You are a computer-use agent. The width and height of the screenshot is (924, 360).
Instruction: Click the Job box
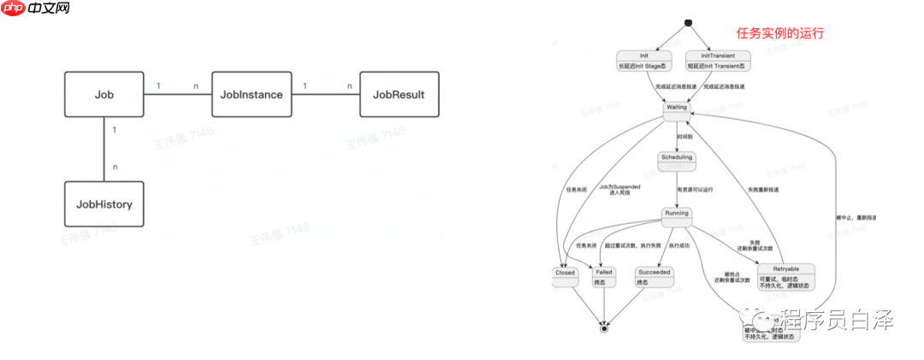pos(104,95)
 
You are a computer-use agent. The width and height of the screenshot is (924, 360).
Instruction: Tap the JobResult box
pos(399,95)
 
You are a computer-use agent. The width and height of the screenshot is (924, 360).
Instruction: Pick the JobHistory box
pos(104,204)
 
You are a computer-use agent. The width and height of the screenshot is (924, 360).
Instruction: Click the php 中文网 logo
pos(37,11)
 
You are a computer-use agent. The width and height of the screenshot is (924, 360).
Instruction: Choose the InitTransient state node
pos(718,60)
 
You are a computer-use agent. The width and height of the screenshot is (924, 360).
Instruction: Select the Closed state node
pos(565,276)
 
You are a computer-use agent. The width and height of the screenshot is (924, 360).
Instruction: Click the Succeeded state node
pos(654,276)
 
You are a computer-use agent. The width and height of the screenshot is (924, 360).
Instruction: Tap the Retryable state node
pos(785,276)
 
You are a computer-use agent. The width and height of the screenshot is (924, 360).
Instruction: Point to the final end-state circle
pos(604,328)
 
